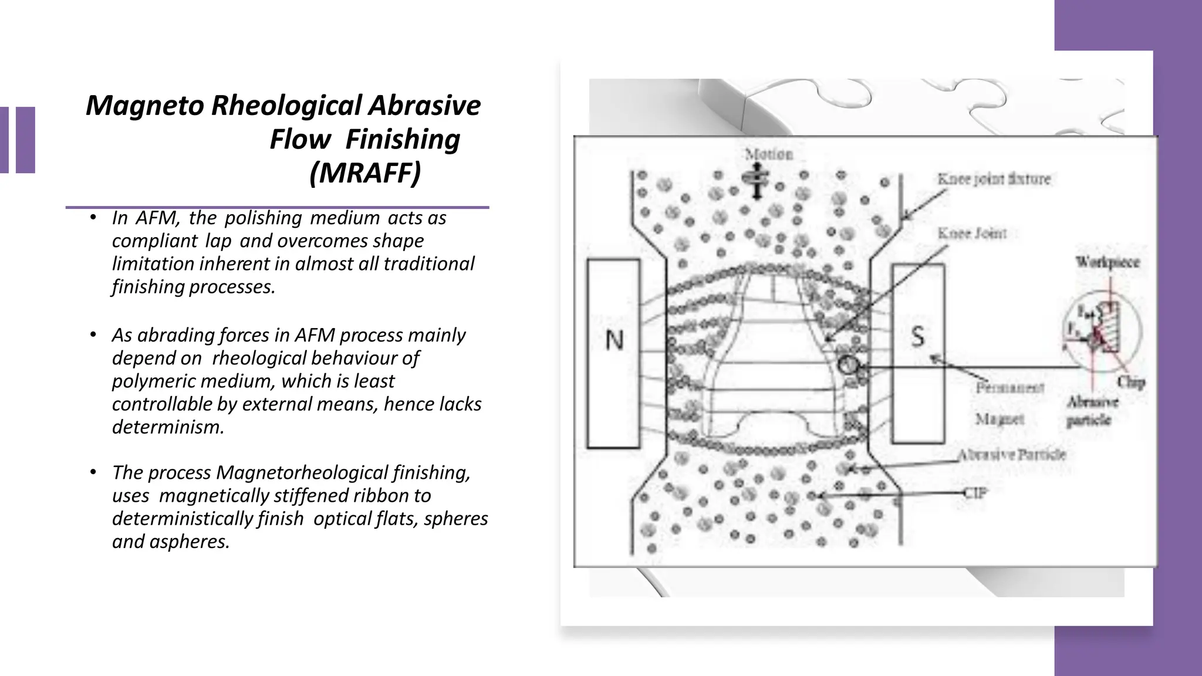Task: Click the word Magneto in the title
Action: point(146,106)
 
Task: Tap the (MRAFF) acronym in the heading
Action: point(365,173)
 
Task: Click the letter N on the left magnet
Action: point(614,340)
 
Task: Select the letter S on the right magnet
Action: point(918,337)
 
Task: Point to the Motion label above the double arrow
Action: point(768,154)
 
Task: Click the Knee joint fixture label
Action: point(994,179)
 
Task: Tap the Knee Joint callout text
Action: point(972,234)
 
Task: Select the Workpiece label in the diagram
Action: point(1107,262)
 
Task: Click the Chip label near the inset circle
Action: point(1130,383)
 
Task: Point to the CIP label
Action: point(975,493)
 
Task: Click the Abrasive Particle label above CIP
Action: point(1011,455)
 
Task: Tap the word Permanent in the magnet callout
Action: point(1009,388)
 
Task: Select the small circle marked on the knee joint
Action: point(847,366)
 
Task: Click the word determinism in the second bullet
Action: point(167,427)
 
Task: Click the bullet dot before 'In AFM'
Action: point(93,218)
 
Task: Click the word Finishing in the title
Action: point(403,140)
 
